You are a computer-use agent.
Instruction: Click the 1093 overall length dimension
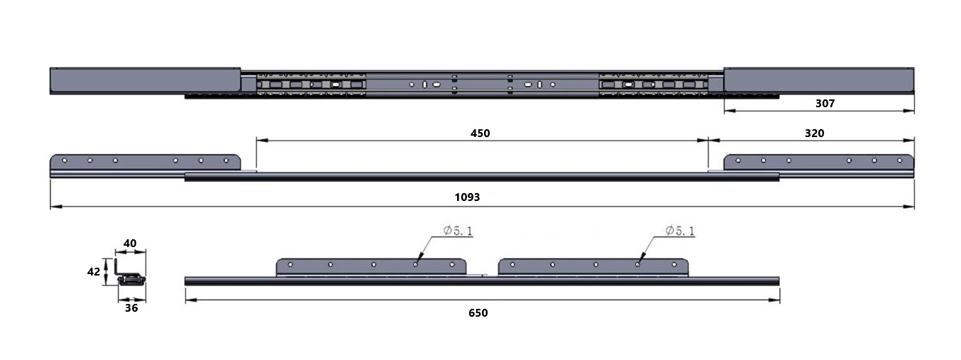[x=467, y=197]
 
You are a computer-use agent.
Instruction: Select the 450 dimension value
[x=480, y=133]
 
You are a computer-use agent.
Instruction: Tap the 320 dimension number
[x=814, y=133]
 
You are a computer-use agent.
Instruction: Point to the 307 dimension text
[x=825, y=104]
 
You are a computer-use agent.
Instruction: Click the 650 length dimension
[x=478, y=313]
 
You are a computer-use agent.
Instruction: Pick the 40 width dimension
[x=130, y=244]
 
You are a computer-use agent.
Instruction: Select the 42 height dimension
[x=94, y=272]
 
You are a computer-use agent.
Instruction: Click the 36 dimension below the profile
[x=131, y=308]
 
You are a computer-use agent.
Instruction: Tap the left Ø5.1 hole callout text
[x=458, y=231]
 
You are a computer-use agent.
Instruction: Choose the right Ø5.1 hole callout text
[x=680, y=231]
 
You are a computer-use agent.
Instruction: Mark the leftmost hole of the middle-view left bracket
[x=65, y=160]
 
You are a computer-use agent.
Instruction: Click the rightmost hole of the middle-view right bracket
[x=900, y=160]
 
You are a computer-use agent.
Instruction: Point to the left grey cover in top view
[x=145, y=81]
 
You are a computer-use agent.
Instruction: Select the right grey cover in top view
[x=819, y=80]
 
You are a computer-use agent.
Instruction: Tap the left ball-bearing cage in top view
[x=311, y=84]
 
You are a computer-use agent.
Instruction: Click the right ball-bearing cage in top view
[x=653, y=84]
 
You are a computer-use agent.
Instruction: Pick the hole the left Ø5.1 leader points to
[x=415, y=264]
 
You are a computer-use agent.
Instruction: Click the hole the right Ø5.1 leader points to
[x=637, y=264]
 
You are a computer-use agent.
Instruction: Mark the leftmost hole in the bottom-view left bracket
[x=290, y=264]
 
